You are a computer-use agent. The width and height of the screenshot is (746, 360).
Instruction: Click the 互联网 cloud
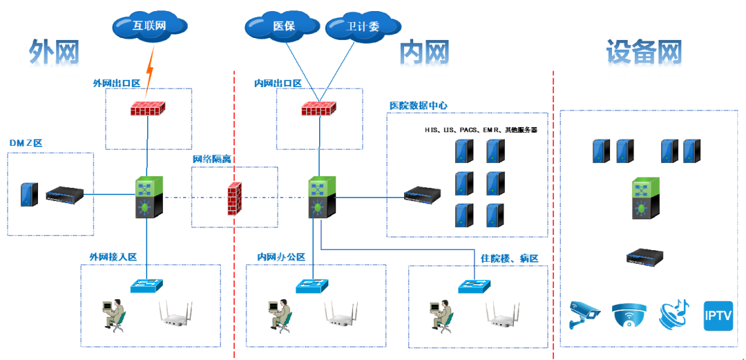pos(149,26)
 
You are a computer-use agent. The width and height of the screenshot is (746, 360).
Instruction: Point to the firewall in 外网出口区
pos(148,109)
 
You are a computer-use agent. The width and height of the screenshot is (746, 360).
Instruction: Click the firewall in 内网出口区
pos(318,109)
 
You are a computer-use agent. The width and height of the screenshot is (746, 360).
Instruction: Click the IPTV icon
pos(718,316)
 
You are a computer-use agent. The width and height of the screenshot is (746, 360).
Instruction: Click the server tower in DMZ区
pos(28,195)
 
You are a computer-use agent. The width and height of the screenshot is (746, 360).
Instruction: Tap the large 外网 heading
pos(54,52)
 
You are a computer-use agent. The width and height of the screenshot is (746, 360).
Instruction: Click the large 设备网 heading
pos(644,52)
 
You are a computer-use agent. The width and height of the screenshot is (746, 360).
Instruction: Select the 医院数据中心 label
pos(419,106)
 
